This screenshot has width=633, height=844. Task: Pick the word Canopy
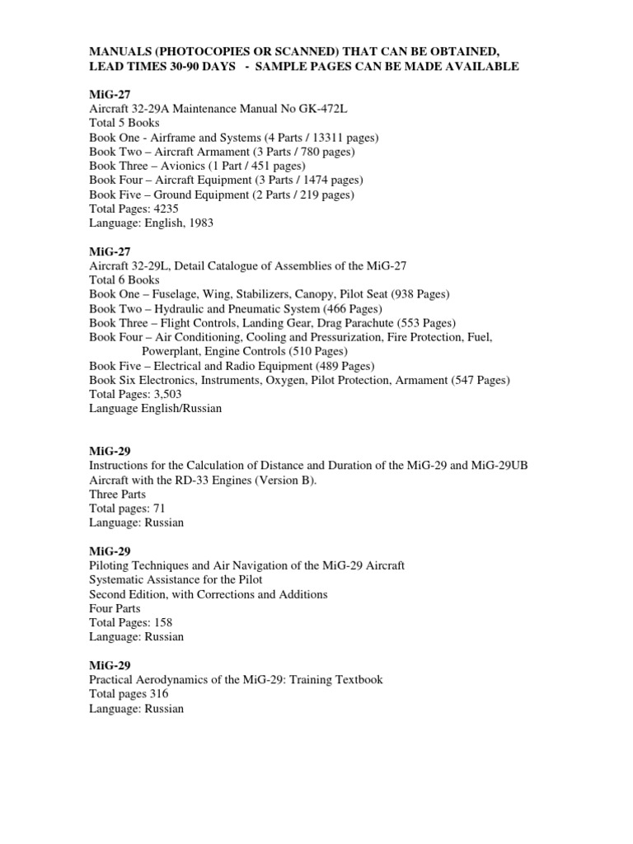[x=293, y=294]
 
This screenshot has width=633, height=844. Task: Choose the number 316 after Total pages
[x=159, y=694]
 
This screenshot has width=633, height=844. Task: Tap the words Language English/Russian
[x=155, y=409]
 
